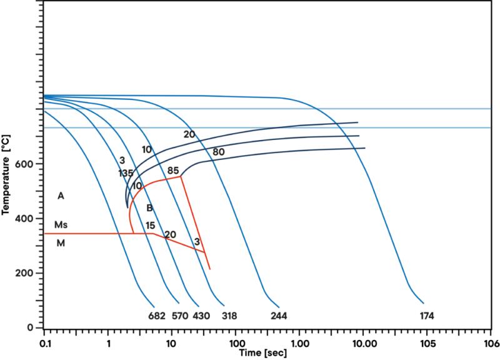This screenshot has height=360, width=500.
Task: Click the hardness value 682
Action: [157, 316]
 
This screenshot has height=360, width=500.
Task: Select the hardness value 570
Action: [180, 316]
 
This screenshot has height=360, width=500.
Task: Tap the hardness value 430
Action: [201, 316]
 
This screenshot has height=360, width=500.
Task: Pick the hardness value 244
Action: [278, 316]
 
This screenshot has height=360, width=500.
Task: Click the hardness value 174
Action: [427, 316]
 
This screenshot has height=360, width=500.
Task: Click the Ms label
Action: [61, 224]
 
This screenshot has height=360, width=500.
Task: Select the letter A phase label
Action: [61, 196]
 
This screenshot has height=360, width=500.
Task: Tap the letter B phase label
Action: [149, 208]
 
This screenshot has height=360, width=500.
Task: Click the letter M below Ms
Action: [61, 243]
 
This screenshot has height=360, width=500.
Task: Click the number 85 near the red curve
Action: [174, 171]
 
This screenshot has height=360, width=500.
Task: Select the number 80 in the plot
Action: [219, 152]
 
